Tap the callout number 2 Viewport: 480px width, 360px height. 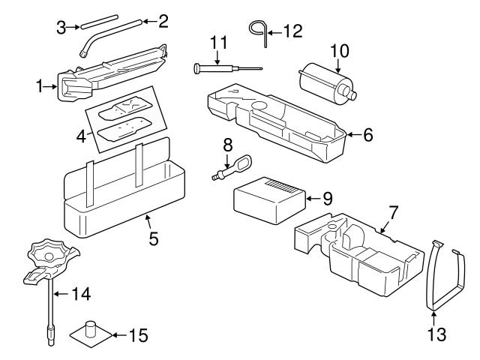click(x=163, y=21)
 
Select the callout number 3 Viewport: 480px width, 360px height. click(x=61, y=28)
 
